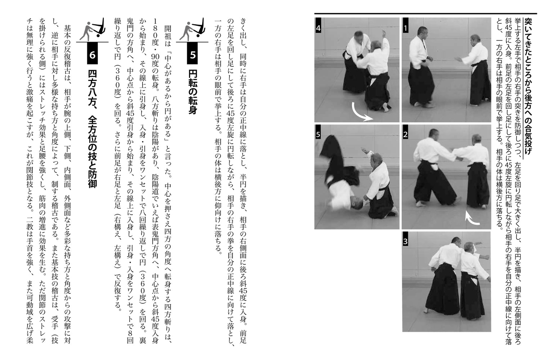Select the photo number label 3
(x=406, y=242)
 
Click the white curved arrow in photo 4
(x=362, y=113)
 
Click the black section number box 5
(x=193, y=54)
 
